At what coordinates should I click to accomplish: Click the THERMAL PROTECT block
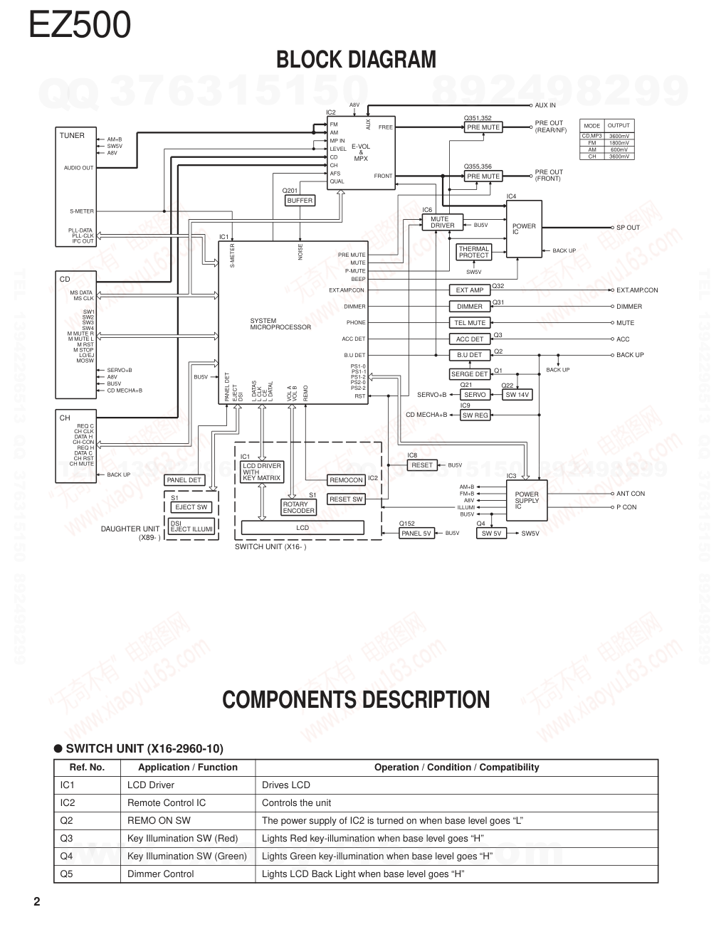(x=473, y=252)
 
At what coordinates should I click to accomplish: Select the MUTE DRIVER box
(x=443, y=223)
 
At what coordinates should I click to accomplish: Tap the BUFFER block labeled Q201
(x=300, y=201)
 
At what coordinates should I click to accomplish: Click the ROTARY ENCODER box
(x=298, y=507)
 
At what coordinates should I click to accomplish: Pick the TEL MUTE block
(x=470, y=322)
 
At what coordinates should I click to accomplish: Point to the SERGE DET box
(x=470, y=374)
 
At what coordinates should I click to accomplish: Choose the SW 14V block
(x=517, y=395)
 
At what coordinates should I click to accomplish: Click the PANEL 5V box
(x=416, y=534)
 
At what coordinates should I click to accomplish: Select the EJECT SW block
(x=191, y=507)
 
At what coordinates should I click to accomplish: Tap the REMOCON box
(x=346, y=480)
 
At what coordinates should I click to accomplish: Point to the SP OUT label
(x=628, y=228)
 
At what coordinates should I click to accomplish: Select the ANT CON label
(x=630, y=493)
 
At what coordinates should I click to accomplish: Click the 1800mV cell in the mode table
(x=619, y=143)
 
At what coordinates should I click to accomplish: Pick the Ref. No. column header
(x=87, y=768)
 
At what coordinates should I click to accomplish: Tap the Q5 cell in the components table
(x=66, y=874)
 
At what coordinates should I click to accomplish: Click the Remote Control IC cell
(x=167, y=803)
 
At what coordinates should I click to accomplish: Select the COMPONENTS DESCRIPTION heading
(x=356, y=700)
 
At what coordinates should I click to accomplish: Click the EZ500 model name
(x=80, y=24)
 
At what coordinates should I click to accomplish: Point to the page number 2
(x=37, y=903)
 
